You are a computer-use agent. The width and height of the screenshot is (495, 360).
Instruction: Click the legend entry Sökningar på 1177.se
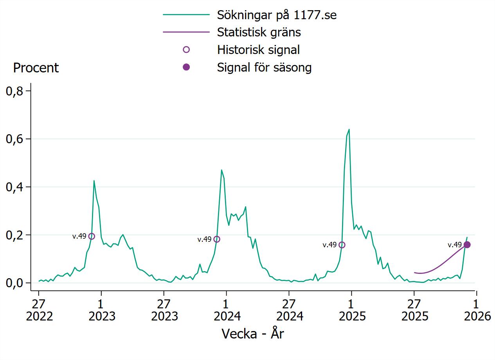(277, 15)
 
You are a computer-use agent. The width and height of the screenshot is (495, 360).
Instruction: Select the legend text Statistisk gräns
(259, 32)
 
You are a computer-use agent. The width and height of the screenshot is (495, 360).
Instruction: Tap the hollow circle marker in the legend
(186, 50)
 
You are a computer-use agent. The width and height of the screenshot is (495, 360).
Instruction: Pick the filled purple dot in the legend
(186, 67)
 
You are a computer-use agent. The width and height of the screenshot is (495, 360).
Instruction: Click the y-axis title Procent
(36, 68)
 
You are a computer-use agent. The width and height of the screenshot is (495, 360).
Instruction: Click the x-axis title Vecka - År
(253, 334)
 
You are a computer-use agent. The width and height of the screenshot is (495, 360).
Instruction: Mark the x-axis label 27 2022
(39, 310)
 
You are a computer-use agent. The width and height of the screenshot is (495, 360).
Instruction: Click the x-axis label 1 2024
(226, 310)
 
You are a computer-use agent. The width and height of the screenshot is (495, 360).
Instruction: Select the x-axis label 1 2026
(476, 310)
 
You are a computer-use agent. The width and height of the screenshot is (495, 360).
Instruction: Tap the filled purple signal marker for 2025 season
(467, 245)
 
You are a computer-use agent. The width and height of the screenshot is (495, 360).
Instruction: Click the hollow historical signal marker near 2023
(92, 236)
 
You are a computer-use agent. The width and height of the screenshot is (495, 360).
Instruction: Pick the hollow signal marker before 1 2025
(342, 245)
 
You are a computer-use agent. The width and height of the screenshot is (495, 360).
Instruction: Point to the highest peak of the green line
(349, 130)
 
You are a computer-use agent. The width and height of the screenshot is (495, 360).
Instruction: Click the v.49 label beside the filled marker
(455, 245)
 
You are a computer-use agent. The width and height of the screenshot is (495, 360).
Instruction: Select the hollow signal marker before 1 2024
(217, 239)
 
